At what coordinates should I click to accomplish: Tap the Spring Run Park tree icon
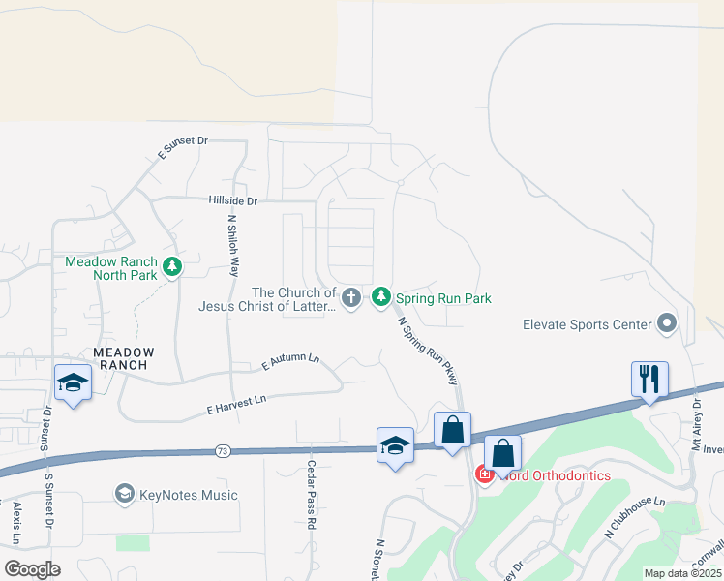tap(381, 296)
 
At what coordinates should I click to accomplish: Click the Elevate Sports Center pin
tap(666, 323)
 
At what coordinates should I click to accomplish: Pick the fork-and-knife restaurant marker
tap(649, 379)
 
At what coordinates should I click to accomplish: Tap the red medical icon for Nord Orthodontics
tap(484, 474)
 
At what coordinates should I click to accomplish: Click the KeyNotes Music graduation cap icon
tap(124, 495)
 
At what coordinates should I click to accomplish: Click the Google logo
tap(32, 569)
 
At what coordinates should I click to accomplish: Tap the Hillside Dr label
tap(232, 201)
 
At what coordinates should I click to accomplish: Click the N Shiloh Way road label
tap(232, 247)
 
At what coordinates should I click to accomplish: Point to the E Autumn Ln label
tap(290, 363)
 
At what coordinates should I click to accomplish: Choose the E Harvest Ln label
tap(236, 405)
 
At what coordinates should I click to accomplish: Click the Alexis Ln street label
tap(16, 523)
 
